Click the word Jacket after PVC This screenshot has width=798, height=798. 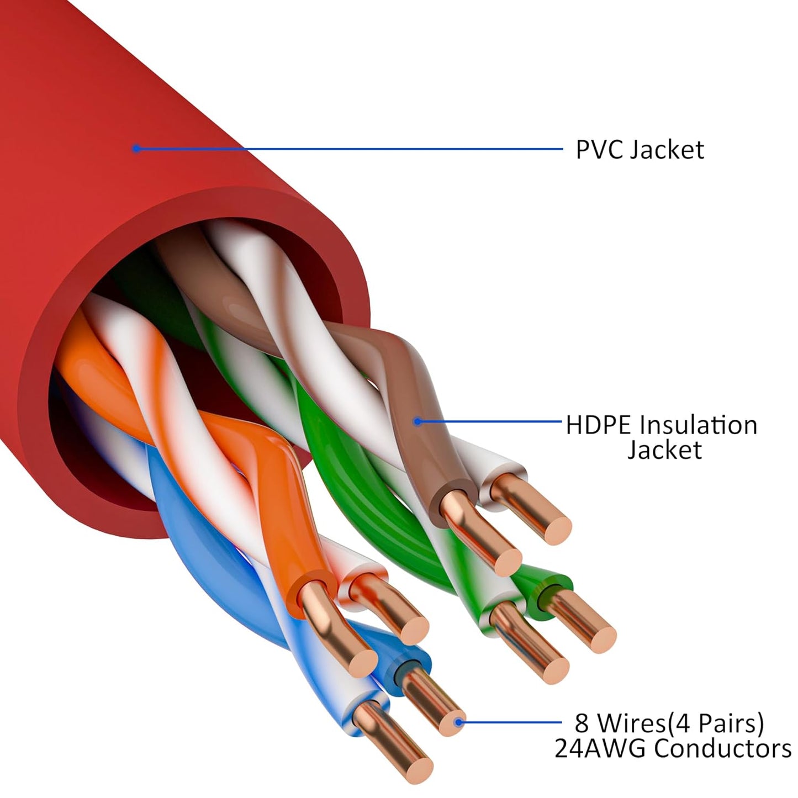coord(668,150)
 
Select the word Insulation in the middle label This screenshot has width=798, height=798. coord(698,425)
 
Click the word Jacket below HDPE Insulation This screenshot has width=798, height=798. coord(664,450)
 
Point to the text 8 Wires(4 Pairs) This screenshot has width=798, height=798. coord(669,723)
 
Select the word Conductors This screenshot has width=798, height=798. coord(723,749)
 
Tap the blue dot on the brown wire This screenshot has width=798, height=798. coord(418,422)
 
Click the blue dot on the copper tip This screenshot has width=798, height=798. coord(458,722)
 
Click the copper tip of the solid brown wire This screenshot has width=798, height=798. coord(507,562)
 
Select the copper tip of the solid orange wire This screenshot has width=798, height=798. coord(362,662)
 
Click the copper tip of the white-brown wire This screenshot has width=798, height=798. coord(556,530)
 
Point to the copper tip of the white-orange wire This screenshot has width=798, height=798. coord(414,630)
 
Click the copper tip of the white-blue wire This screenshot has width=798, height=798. coord(418,769)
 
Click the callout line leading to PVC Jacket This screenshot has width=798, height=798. coord(348,149)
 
